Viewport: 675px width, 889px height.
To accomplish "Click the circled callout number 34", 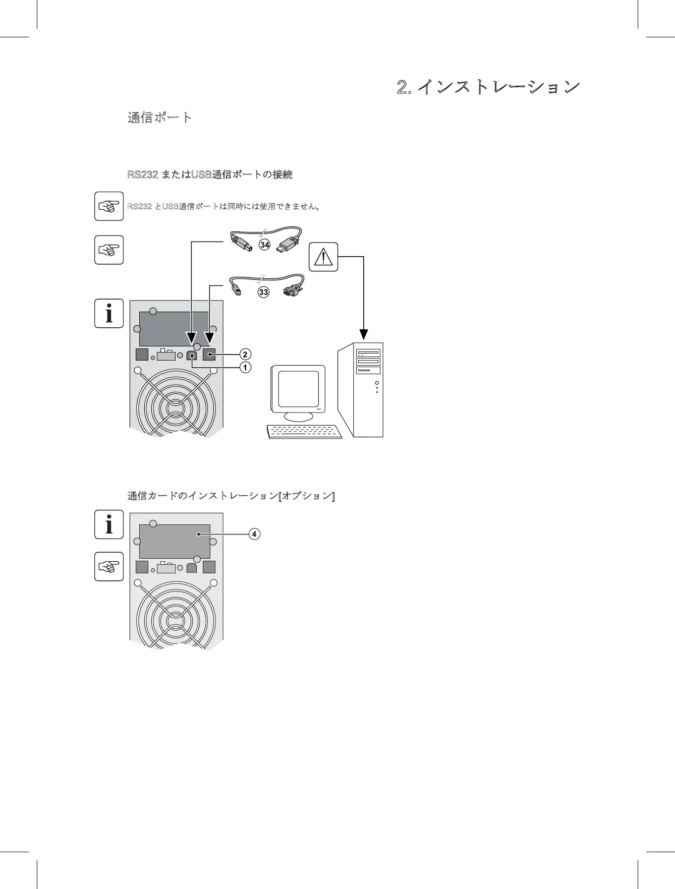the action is tap(264, 245).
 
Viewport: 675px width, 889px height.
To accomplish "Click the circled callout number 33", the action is tap(263, 292).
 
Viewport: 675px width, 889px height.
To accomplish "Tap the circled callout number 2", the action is tap(245, 354).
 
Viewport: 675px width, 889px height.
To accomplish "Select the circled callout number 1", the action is tap(245, 368).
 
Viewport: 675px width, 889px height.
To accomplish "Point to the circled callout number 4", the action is tap(254, 534).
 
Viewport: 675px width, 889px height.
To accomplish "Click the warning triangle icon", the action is tap(323, 257).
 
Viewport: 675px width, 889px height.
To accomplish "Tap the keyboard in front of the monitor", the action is tap(304, 432).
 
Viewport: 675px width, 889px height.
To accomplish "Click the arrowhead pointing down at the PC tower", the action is tap(363, 334).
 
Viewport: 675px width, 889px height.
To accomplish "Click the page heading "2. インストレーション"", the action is tap(488, 87).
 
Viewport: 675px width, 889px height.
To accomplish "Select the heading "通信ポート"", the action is tap(159, 118).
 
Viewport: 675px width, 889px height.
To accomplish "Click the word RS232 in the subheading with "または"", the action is tap(143, 175).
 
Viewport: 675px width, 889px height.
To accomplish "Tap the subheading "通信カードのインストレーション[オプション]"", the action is tap(231, 496).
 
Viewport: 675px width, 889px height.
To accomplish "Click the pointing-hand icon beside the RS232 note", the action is tap(109, 206).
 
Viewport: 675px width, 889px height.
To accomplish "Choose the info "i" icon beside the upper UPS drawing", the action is tap(109, 313).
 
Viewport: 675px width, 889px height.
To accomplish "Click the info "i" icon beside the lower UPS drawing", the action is tap(109, 524).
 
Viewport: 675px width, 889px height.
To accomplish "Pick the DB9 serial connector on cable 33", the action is tap(292, 291).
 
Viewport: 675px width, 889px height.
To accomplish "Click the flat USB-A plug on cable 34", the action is tap(288, 245).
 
